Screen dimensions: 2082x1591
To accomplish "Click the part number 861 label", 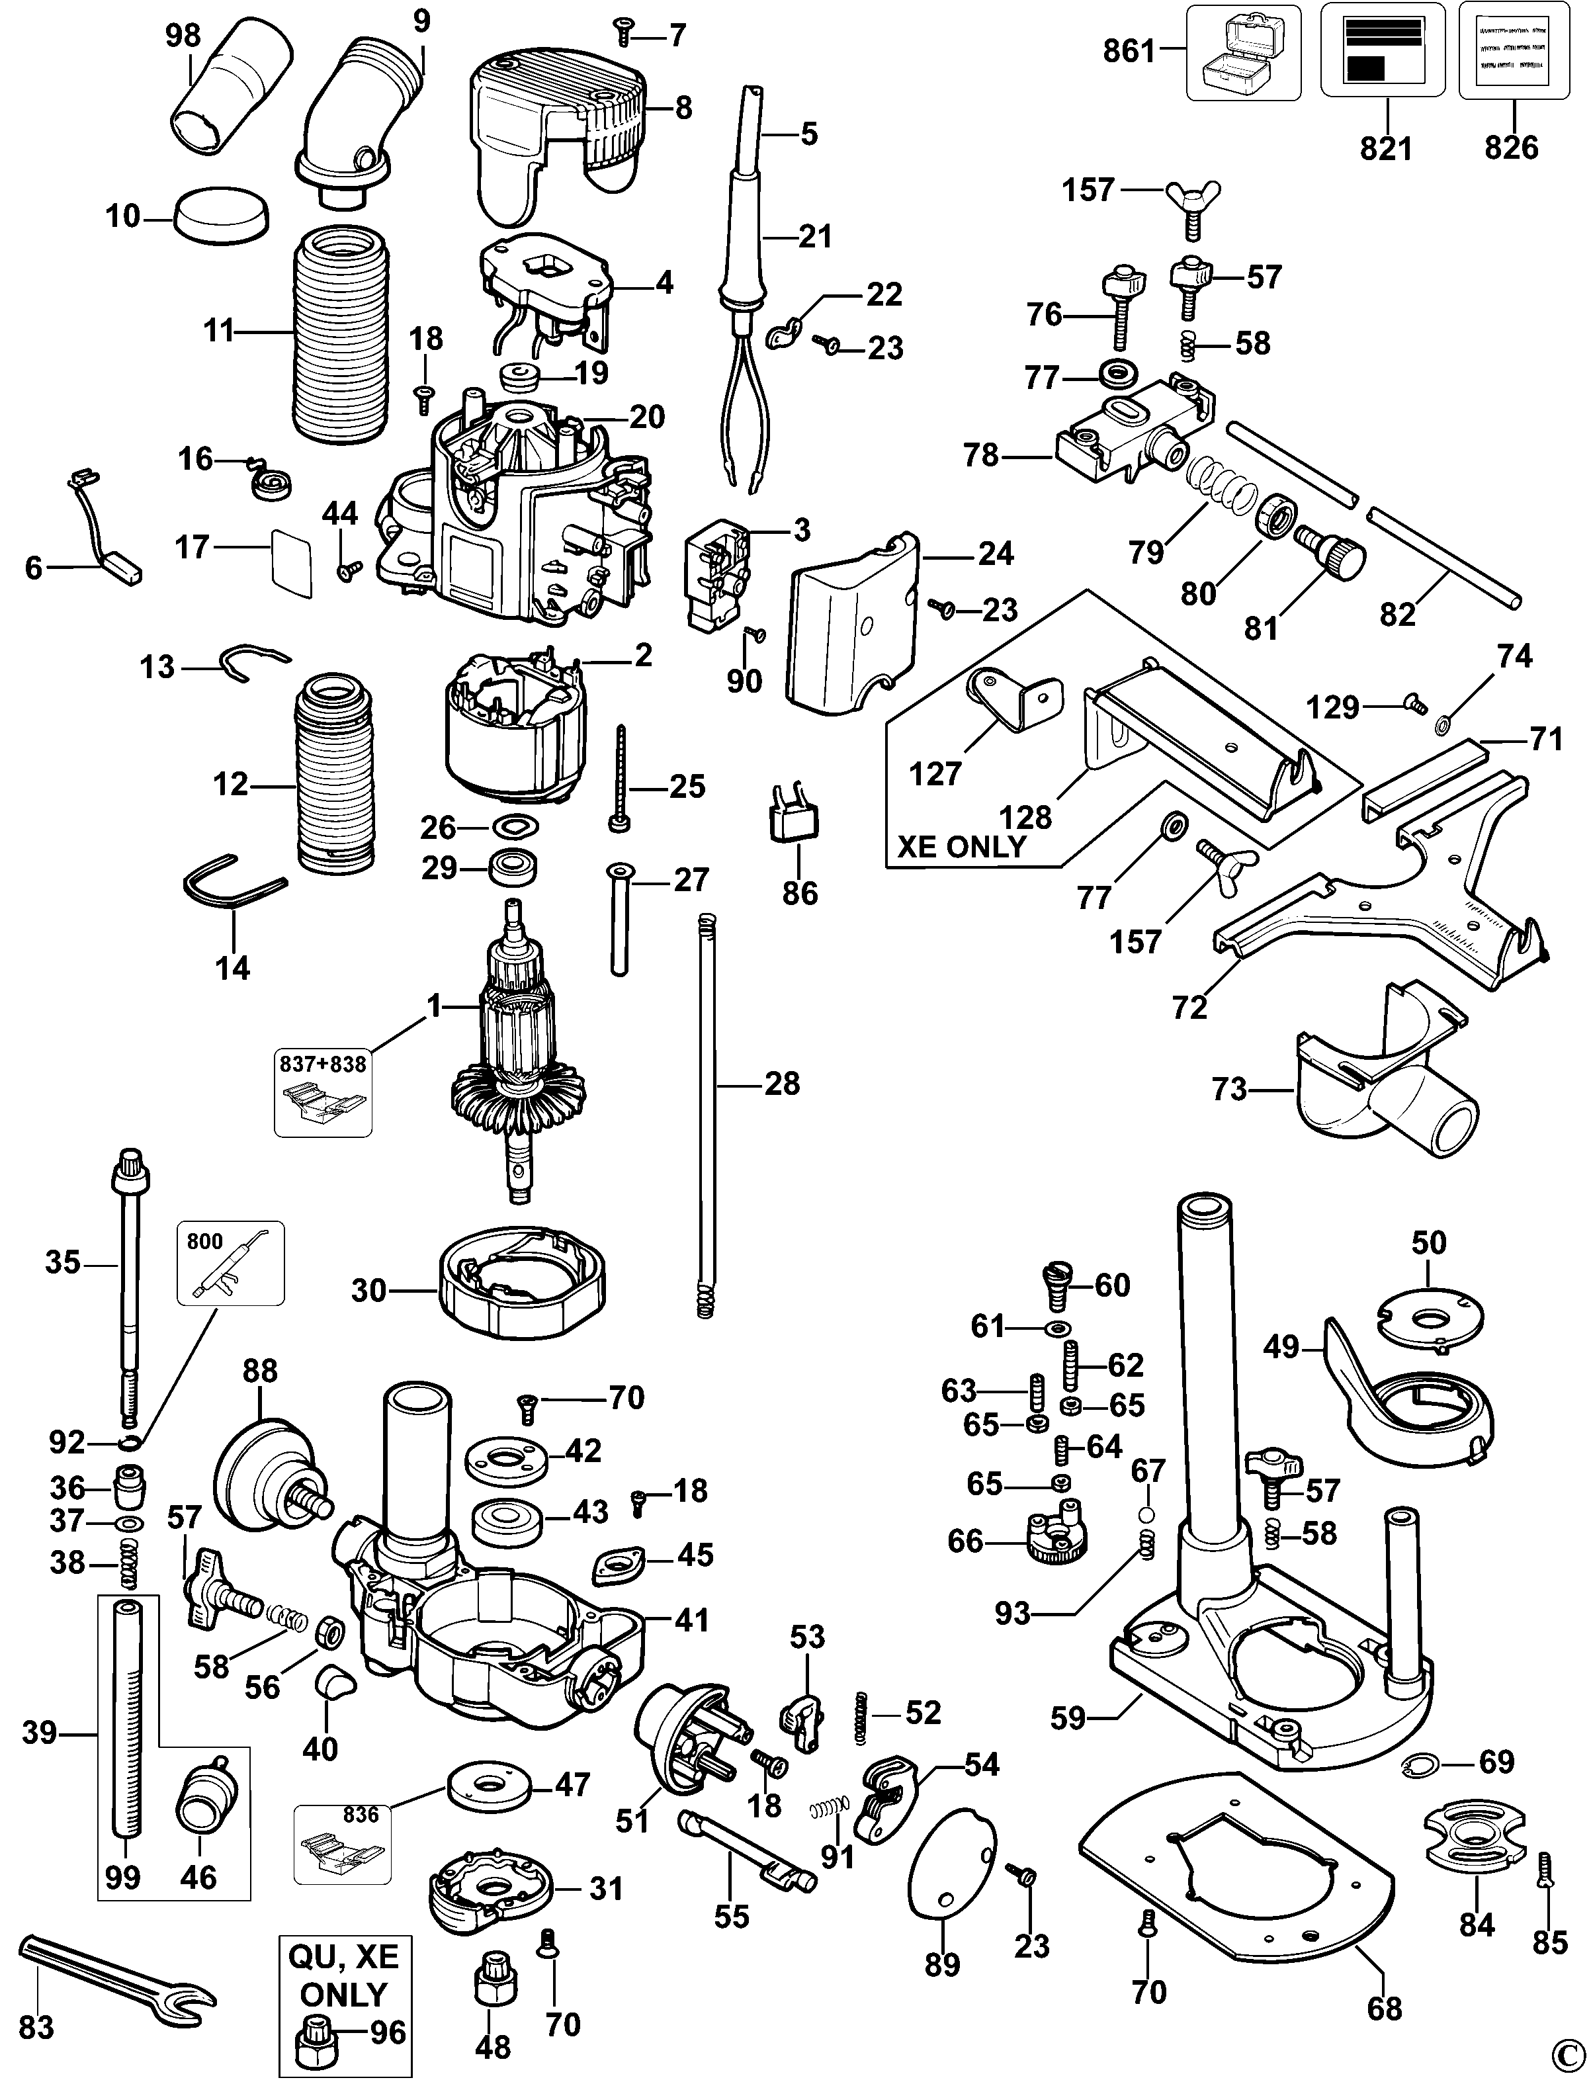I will (1130, 51).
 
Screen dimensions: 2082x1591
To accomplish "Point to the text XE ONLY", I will (961, 846).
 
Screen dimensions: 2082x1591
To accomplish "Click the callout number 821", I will (1385, 149).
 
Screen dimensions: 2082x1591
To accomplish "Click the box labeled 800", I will (230, 1264).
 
